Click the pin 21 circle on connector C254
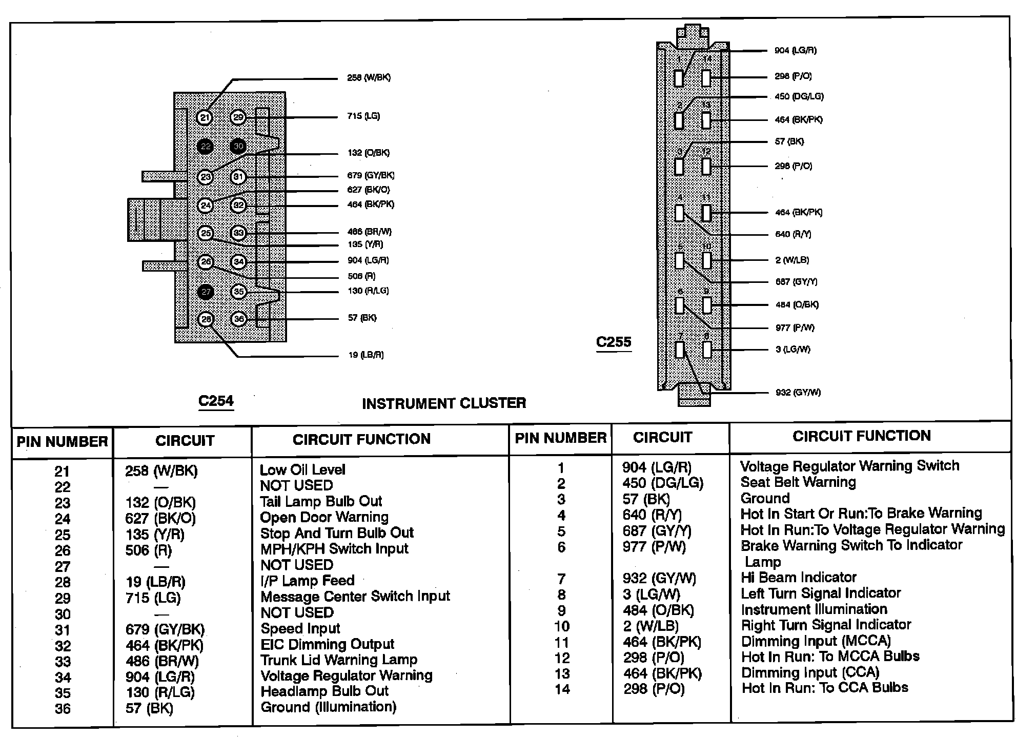(205, 118)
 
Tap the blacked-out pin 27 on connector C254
(206, 292)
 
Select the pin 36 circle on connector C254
(239, 319)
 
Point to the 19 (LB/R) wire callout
(365, 355)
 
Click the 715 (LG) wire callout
(363, 116)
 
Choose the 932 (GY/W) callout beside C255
(798, 393)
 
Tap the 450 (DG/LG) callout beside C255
(799, 97)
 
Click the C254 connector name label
(216, 401)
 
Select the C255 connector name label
(614, 342)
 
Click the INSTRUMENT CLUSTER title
(444, 403)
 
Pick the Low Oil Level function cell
(302, 469)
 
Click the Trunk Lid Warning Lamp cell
(339, 660)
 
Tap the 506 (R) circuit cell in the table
(149, 550)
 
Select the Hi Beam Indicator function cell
(798, 578)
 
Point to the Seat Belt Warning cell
(798, 482)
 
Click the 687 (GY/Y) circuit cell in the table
(657, 531)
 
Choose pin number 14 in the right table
(562, 689)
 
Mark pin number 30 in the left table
(63, 614)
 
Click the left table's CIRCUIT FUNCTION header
(361, 439)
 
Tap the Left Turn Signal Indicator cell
(820, 593)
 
